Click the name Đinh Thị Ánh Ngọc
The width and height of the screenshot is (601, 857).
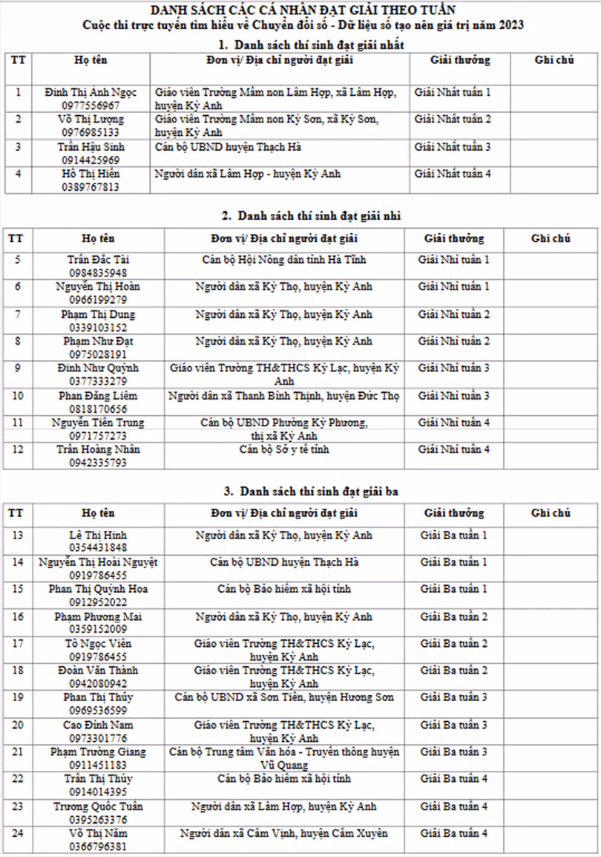click(91, 93)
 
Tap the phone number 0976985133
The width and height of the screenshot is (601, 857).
click(91, 133)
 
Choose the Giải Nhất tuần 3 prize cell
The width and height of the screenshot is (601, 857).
click(453, 147)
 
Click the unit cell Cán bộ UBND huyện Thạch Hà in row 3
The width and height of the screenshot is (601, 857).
click(228, 147)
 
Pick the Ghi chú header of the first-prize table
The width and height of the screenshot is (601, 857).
click(554, 60)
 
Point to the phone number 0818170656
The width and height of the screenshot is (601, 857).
click(92, 409)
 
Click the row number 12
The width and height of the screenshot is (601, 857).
click(18, 449)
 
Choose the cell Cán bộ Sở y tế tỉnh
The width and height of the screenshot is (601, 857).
click(284, 449)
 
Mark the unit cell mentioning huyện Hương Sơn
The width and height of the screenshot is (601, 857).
click(284, 697)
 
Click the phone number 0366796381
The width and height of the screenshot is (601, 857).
click(97, 847)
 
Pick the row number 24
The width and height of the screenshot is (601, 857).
click(18, 833)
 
